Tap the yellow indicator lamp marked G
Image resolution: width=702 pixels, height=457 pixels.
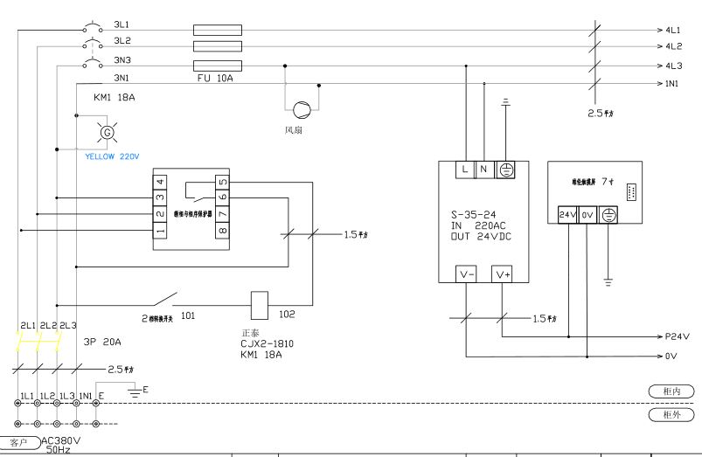(x=108, y=132)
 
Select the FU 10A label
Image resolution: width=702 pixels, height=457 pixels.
(x=217, y=79)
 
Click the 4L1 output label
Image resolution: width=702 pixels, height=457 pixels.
(x=673, y=29)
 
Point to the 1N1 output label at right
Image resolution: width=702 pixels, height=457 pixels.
(x=673, y=84)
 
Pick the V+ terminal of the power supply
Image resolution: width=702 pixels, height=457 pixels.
(x=504, y=274)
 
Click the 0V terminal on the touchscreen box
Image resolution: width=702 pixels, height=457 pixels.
(x=588, y=214)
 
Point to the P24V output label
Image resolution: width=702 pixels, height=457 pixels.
(x=678, y=336)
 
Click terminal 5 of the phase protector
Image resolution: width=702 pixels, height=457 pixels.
(x=223, y=182)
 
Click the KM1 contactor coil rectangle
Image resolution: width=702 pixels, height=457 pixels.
(x=259, y=302)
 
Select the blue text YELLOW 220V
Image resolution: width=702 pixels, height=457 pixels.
(x=112, y=158)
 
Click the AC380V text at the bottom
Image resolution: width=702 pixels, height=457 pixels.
(x=61, y=440)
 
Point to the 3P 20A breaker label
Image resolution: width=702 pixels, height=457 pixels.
(x=102, y=342)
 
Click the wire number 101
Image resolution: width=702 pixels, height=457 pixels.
(x=188, y=315)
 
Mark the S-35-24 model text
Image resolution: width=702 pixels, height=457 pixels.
(x=475, y=215)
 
